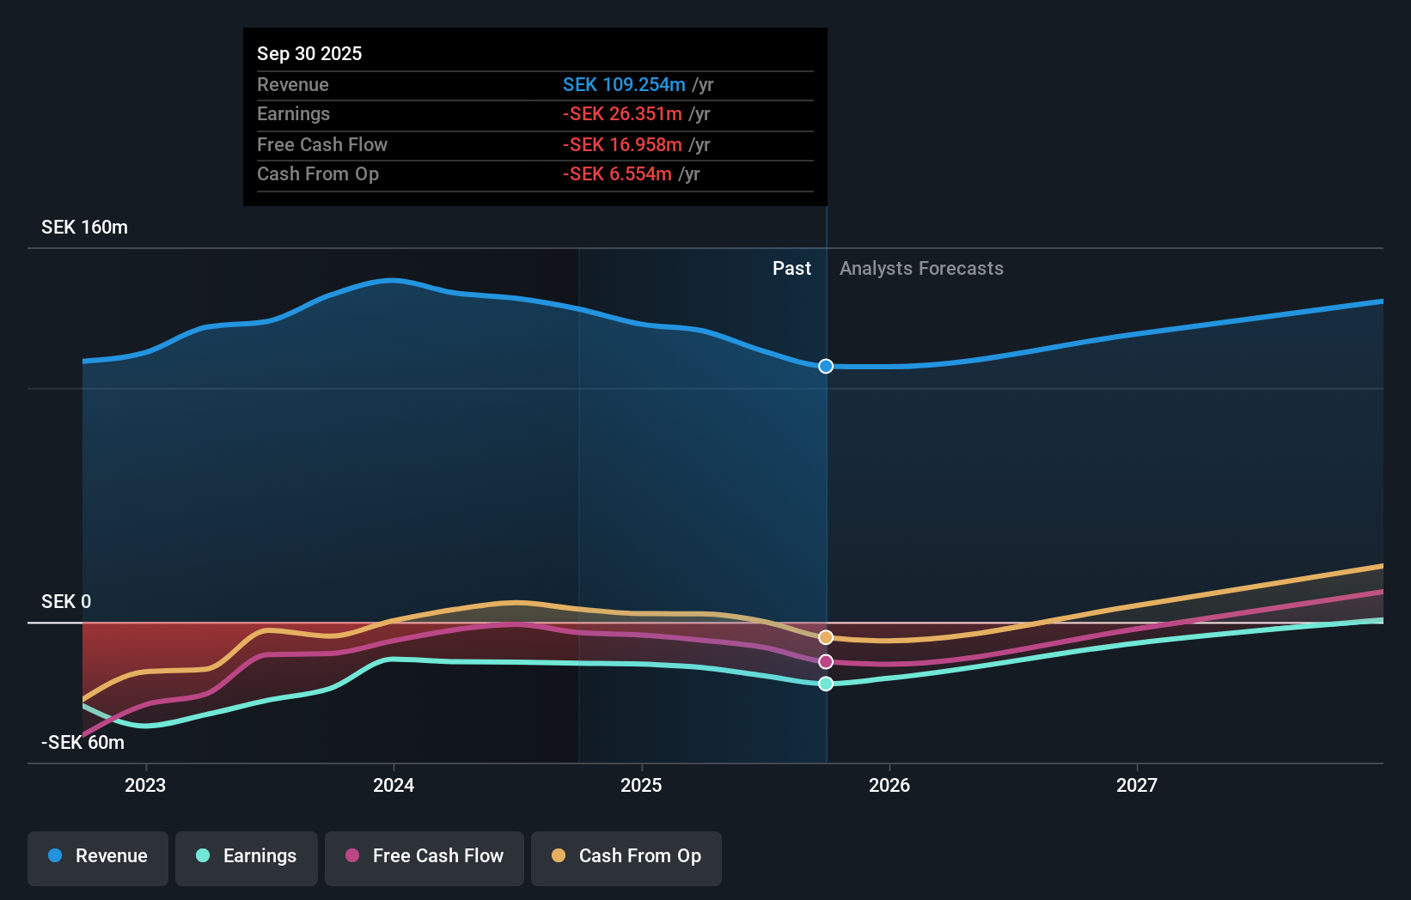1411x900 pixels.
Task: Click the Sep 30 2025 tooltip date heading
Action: tap(309, 53)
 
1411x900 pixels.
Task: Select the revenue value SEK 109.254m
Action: tap(624, 84)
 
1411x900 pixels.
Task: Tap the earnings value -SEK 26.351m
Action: tap(622, 113)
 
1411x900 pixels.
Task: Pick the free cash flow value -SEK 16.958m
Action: tap(622, 144)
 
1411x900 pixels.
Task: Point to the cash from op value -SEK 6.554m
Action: tap(617, 173)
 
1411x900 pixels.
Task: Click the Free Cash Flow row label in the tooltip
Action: tap(322, 144)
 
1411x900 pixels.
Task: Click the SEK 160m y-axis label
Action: tap(84, 227)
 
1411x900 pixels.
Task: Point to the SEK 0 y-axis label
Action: tap(66, 601)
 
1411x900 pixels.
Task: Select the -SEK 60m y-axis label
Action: tap(82, 742)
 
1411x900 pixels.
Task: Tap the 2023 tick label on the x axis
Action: tap(145, 785)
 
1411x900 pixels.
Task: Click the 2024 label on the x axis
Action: tap(394, 785)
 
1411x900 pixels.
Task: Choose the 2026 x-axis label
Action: tap(889, 785)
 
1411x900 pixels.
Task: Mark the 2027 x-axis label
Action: tap(1137, 785)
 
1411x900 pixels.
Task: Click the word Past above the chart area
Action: tap(791, 268)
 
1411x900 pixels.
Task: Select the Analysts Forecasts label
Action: tap(921, 268)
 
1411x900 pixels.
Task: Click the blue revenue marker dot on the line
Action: tap(826, 367)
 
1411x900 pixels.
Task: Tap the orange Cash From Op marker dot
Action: tap(826, 637)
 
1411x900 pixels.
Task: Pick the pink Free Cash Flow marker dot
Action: tap(826, 661)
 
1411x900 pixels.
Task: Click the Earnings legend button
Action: tap(247, 856)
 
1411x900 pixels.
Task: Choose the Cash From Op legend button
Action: tap(626, 856)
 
